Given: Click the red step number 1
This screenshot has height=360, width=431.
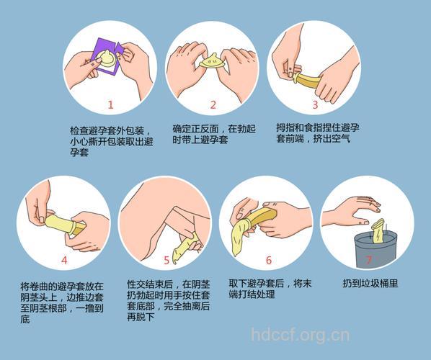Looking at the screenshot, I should click(x=110, y=104).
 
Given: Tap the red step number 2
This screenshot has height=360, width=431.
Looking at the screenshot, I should click(x=213, y=104).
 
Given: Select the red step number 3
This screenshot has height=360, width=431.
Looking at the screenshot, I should click(x=315, y=104).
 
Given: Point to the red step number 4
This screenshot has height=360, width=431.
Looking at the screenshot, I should click(x=64, y=260).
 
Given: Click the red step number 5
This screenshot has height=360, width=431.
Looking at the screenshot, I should click(x=166, y=260).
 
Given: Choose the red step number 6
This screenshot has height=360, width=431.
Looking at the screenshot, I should click(x=268, y=260).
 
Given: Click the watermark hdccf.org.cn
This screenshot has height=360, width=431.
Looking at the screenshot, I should click(x=300, y=335).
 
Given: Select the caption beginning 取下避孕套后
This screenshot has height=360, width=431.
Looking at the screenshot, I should click(x=268, y=289).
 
